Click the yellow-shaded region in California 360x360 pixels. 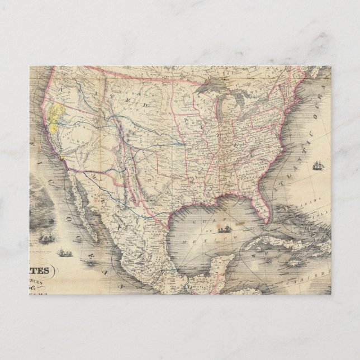click(x=55, y=115)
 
